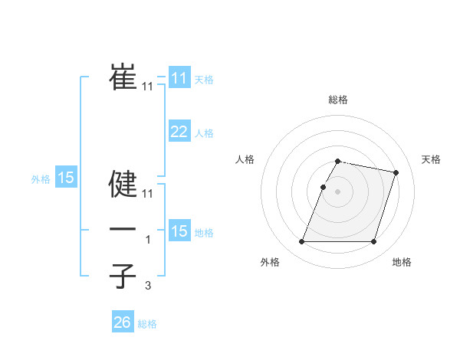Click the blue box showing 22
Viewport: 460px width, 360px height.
179,132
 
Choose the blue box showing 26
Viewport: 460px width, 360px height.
122,322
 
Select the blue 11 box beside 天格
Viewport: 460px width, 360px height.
179,78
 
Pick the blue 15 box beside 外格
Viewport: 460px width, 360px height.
66,178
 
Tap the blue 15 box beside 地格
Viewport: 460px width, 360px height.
179,231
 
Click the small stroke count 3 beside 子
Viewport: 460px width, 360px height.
148,286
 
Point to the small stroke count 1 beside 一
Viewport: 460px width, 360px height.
148,240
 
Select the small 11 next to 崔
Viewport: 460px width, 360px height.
148,87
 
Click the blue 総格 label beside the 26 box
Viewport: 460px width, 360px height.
147,324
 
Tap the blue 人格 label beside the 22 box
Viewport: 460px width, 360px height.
204,133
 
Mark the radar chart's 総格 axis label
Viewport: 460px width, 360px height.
338,100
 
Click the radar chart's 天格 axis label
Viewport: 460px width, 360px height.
432,159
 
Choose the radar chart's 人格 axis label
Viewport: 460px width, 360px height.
245,159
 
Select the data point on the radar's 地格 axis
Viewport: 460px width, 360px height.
374,242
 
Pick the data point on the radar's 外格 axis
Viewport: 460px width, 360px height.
302,242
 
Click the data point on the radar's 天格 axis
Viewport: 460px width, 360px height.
396,173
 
